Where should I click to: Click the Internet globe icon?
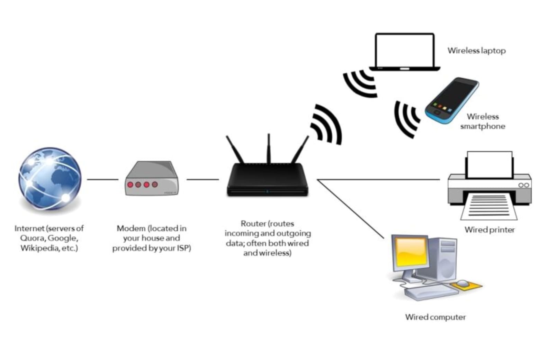pos(50,179)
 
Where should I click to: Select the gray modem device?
pos(152,179)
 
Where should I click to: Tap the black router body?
pos(267,180)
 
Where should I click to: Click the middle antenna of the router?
pos(268,149)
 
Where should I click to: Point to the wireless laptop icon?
pos(404,52)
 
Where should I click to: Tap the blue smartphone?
pos(452,100)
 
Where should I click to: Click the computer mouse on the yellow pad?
pos(462,283)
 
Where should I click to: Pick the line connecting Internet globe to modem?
pos(102,179)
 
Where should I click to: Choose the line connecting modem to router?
pos(202,179)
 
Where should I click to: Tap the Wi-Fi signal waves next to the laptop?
pos(360,83)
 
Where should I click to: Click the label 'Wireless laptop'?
pos(476,51)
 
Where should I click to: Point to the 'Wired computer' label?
pos(435,317)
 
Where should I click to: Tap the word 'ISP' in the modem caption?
pos(183,248)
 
